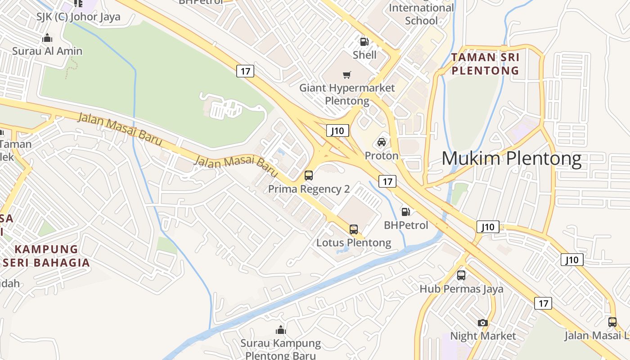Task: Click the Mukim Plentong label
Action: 511,159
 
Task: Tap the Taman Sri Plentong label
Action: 485,64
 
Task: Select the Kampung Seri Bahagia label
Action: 46,256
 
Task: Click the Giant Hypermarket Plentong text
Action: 347,94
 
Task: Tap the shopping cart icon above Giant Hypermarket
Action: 346,75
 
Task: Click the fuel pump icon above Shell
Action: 364,42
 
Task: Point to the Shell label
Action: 364,55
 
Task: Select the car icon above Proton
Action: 382,142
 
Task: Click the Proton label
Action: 382,156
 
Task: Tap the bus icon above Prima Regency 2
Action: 309,175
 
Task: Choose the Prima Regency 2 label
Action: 309,189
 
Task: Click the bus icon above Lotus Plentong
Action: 354,229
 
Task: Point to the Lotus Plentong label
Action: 354,243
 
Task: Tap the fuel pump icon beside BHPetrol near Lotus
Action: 405,211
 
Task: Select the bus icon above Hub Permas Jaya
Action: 461,275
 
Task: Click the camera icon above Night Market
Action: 483,323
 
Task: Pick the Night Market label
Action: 483,336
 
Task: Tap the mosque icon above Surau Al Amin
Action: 47,38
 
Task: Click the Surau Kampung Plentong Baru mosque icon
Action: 281,330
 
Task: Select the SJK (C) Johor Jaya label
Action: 79,17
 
